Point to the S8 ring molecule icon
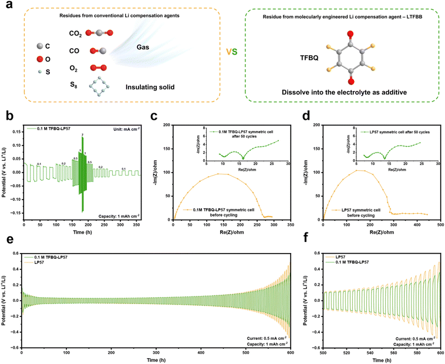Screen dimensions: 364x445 pos(97,85)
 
